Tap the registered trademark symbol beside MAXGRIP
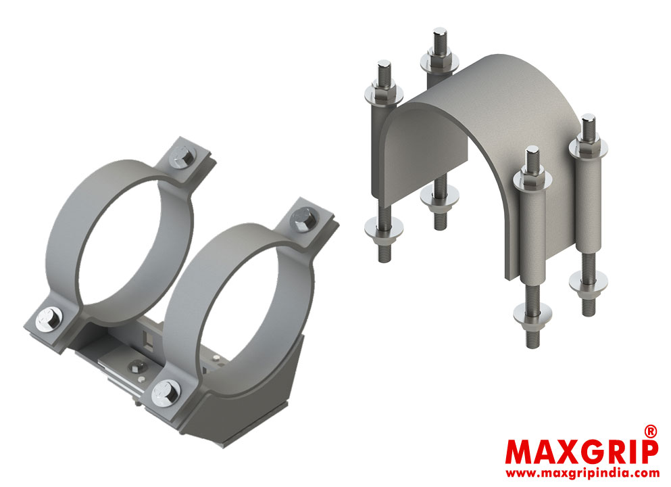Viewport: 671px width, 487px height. pyautogui.click(x=649, y=430)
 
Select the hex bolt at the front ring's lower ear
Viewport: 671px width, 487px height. pyautogui.click(x=166, y=392)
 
